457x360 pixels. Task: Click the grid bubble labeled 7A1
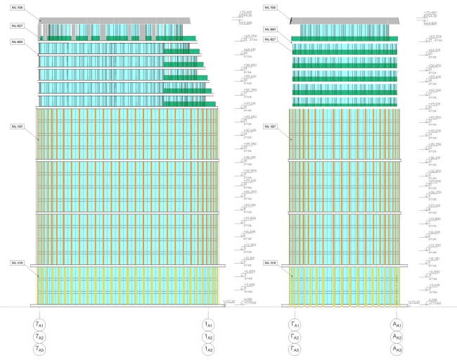40,325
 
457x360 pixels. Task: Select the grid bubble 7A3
40,349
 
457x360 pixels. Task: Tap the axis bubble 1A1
208,325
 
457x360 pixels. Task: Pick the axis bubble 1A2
208,337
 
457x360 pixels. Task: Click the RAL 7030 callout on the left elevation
18,8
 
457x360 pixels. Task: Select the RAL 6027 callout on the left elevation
18,25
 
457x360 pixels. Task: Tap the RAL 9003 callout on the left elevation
18,42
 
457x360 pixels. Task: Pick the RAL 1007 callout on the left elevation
18,127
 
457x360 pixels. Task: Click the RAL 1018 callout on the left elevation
18,263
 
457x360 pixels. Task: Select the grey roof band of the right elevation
345,20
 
